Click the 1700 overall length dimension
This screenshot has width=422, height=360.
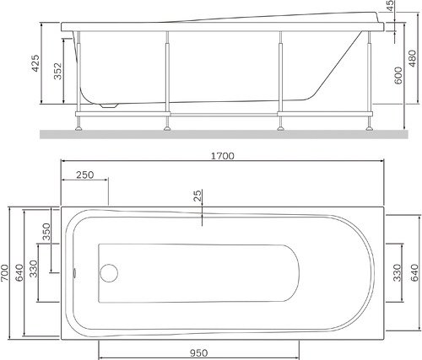[x=223, y=156]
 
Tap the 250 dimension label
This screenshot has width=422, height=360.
[x=84, y=175]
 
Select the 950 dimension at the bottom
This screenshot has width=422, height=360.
[x=198, y=352]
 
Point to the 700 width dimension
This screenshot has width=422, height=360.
[x=5, y=273]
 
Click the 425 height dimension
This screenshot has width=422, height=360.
[x=35, y=63]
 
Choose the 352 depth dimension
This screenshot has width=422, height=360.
[x=57, y=71]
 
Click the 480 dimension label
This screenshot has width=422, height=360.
[x=412, y=58]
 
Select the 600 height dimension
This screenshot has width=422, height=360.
[x=398, y=75]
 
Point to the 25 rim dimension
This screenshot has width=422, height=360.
[x=197, y=196]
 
